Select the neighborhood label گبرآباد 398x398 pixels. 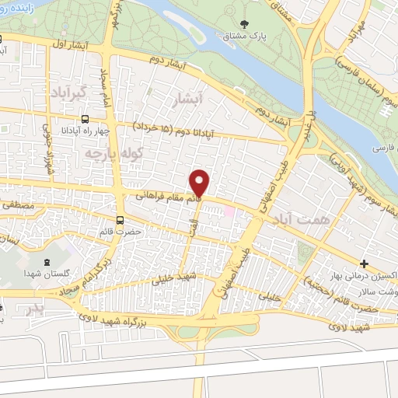pos(81,93)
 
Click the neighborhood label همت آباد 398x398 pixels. pos(298,221)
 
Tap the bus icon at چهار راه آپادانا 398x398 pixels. pos(84,120)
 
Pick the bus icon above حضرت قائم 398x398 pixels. pos(120,220)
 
